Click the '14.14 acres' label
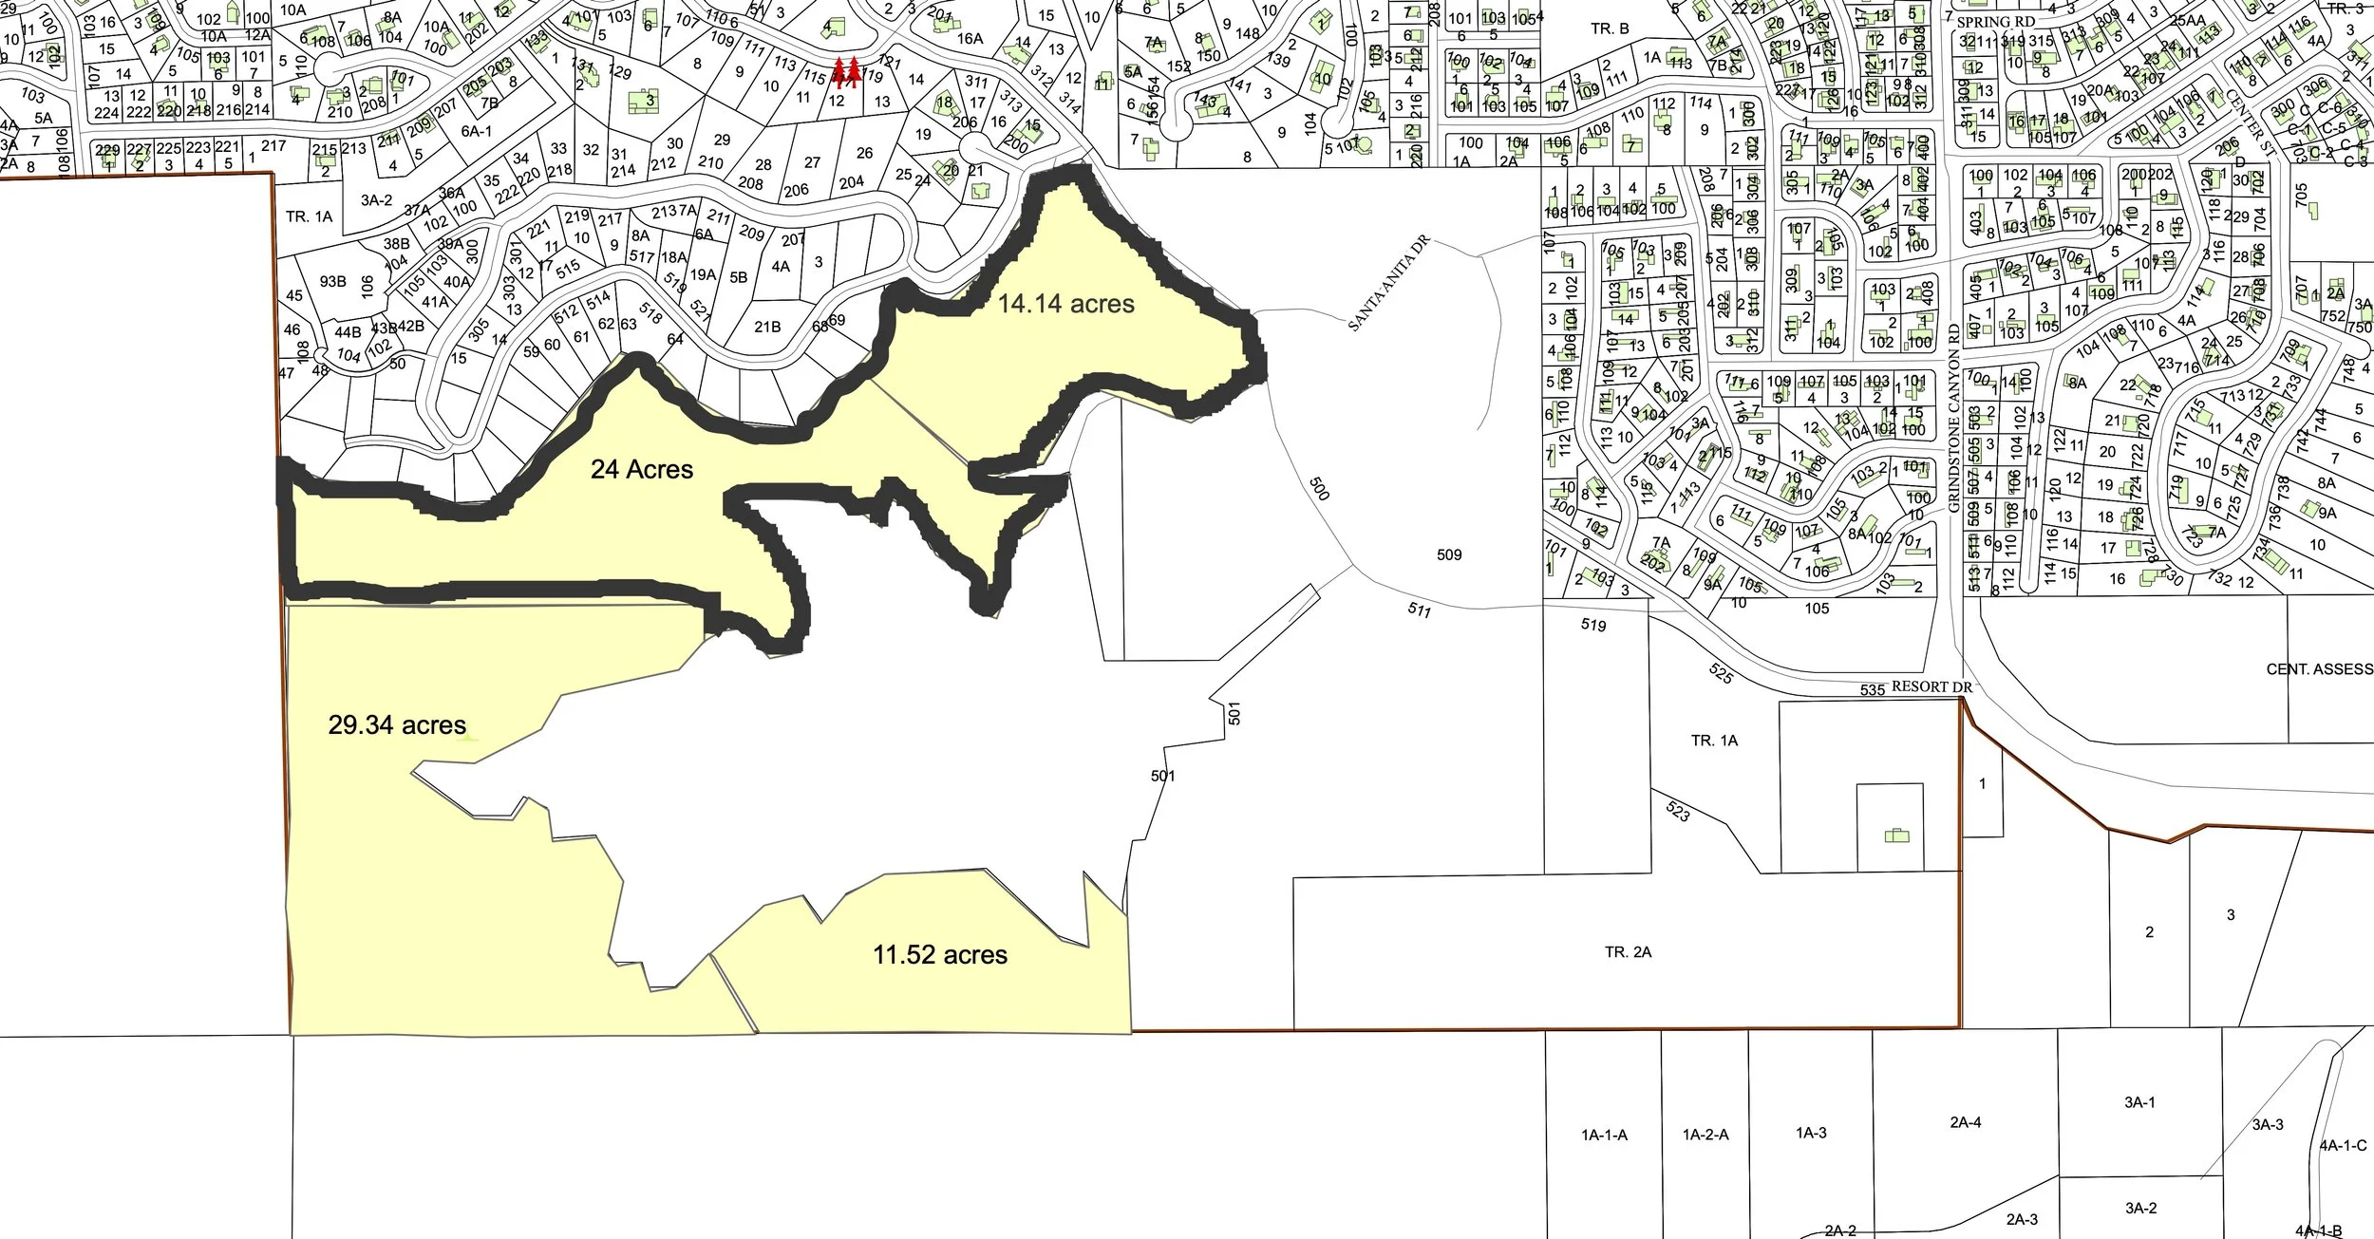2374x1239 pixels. click(1065, 304)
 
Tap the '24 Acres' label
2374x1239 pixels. click(642, 469)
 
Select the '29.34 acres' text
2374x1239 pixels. click(397, 725)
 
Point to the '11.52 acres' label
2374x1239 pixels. click(940, 954)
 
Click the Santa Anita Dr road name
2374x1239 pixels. click(1388, 284)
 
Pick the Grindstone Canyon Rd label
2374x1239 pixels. click(1953, 418)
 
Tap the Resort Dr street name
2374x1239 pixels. click(1931, 686)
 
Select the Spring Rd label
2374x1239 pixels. click(1996, 22)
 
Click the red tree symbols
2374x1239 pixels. click(846, 71)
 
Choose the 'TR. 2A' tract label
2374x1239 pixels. click(1628, 951)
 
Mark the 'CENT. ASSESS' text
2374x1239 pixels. click(2319, 669)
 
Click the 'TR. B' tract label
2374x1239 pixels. click(1610, 28)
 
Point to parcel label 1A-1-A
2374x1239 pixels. click(1604, 1135)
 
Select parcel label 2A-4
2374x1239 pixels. click(1965, 1122)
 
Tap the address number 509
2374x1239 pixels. click(1449, 554)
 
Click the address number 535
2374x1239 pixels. click(1873, 690)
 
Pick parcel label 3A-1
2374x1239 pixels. click(2139, 1102)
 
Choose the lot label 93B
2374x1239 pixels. click(332, 281)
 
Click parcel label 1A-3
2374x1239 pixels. click(1811, 1133)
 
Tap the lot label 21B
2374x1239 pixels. click(767, 327)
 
